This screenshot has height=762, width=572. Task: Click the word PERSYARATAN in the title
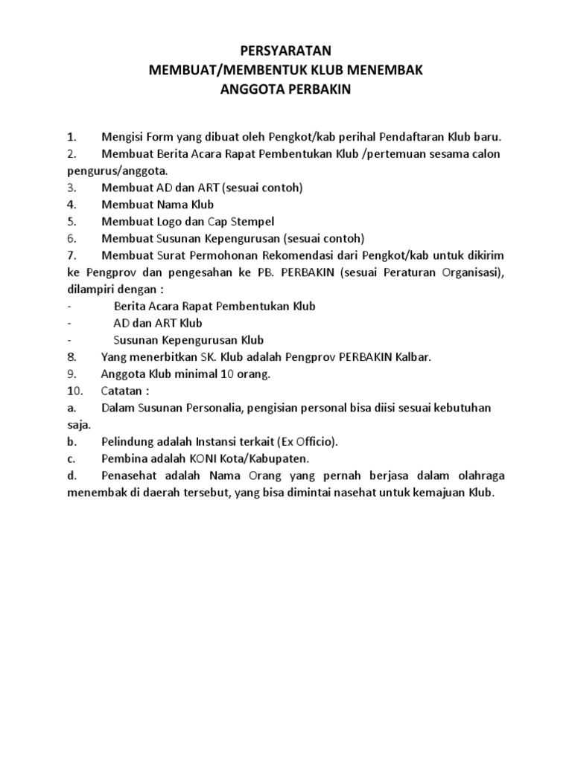tap(287, 51)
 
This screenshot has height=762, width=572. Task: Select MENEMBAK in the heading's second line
tap(387, 71)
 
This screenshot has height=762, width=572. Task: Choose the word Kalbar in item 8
tap(413, 357)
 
